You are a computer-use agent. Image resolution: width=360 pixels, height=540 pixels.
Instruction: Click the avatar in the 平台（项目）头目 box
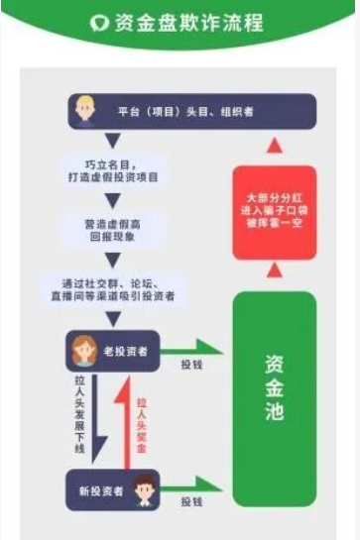(85, 110)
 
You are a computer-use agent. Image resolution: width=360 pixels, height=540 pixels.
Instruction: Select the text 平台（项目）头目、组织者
(184, 112)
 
